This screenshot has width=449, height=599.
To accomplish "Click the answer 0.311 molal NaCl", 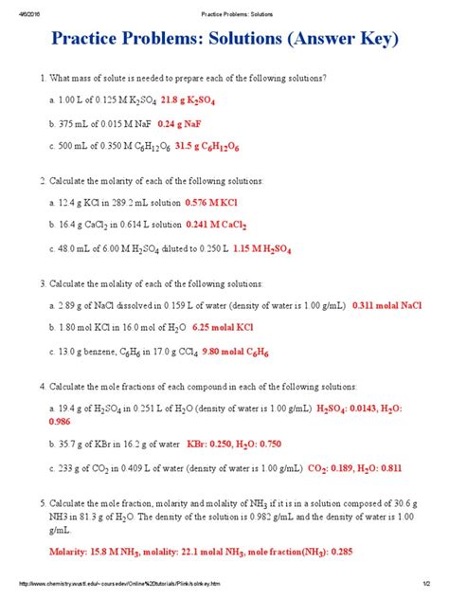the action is click(x=386, y=305).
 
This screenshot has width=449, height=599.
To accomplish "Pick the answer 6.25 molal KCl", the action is click(x=222, y=328).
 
